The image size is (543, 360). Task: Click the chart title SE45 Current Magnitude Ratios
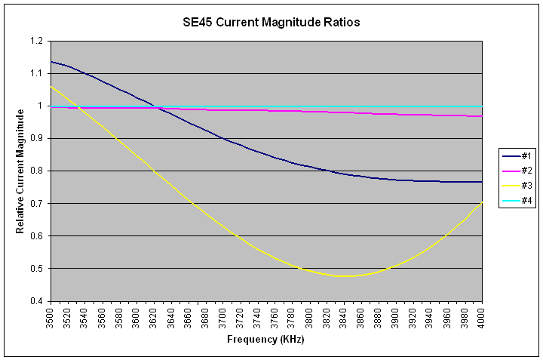tap(272, 22)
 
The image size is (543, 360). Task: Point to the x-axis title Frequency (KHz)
tap(265, 340)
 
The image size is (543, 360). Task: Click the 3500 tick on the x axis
tap(50, 318)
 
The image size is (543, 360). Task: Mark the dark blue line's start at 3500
tap(51, 61)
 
